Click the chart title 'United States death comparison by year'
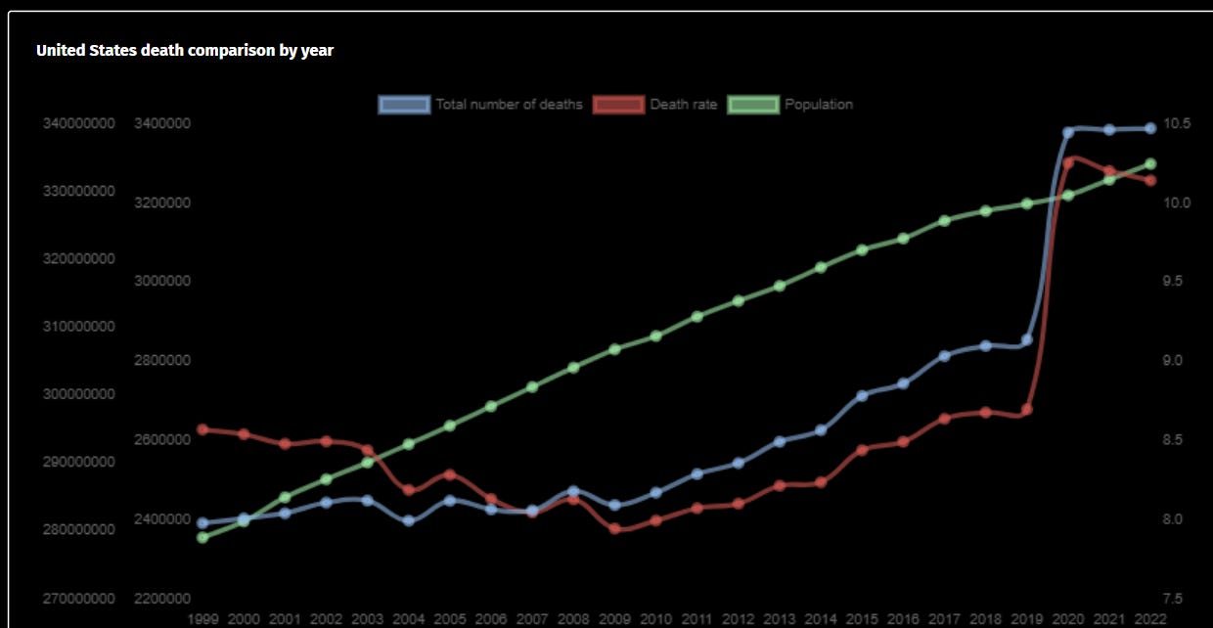[x=185, y=50]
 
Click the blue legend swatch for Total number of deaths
[x=404, y=105]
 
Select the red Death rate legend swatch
[x=618, y=105]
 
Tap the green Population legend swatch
[x=753, y=105]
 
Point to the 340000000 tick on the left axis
[x=78, y=123]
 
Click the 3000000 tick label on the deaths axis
[x=161, y=281]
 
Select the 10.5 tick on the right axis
[x=1177, y=123]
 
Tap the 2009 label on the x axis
[x=614, y=619]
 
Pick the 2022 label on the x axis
[x=1149, y=619]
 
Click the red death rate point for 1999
[x=202, y=429]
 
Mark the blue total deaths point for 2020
[x=1068, y=131]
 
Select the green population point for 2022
[x=1150, y=164]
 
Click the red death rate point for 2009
[x=614, y=529]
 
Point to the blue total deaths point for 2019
[x=1026, y=340]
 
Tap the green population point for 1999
[x=202, y=537]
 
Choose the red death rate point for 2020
[x=1068, y=162]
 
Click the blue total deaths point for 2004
[x=409, y=520]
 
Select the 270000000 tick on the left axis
[x=78, y=598]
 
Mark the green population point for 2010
[x=655, y=336]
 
